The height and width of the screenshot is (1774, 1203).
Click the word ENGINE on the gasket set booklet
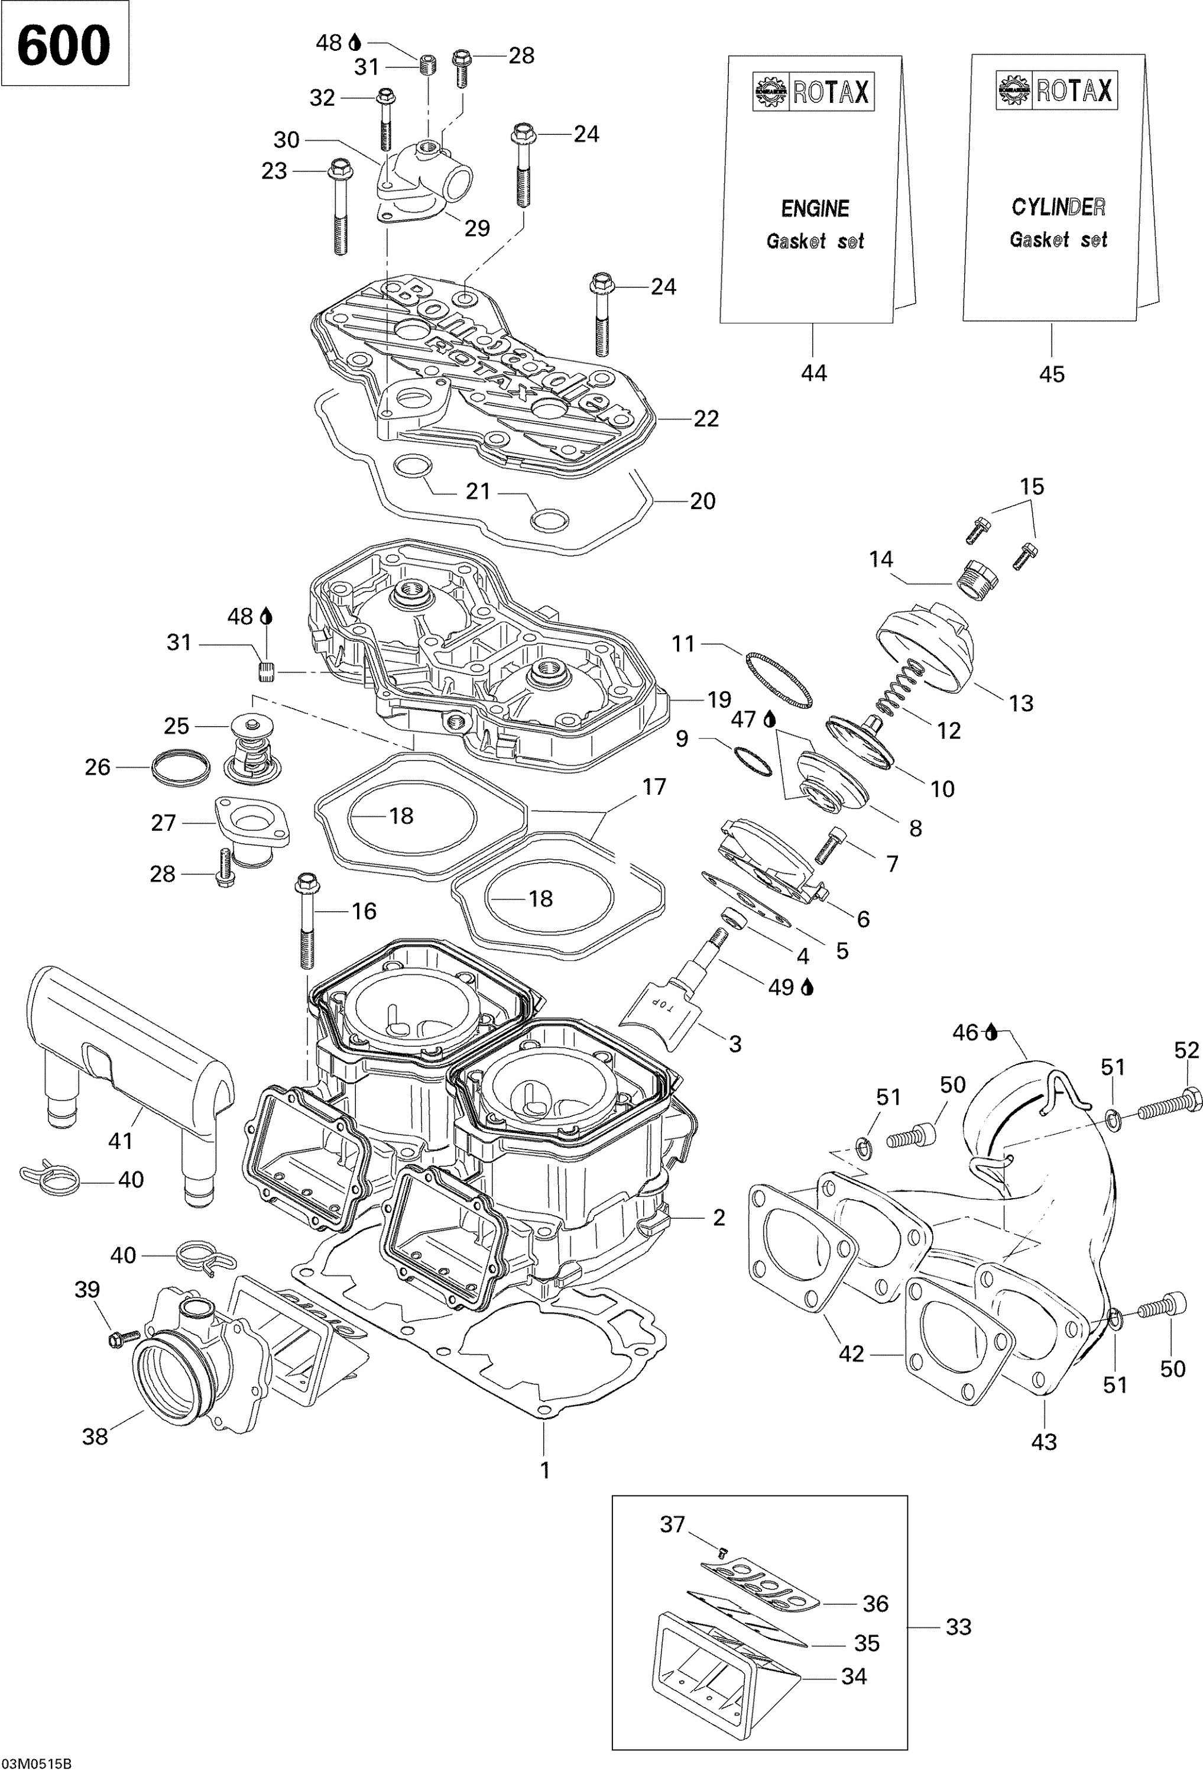(x=815, y=208)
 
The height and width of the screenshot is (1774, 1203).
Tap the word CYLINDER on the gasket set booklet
(x=1058, y=207)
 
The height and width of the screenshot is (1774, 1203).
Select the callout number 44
(x=813, y=373)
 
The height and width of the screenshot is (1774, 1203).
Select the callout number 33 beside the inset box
(x=958, y=1627)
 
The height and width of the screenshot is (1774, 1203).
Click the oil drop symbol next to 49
(x=808, y=988)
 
